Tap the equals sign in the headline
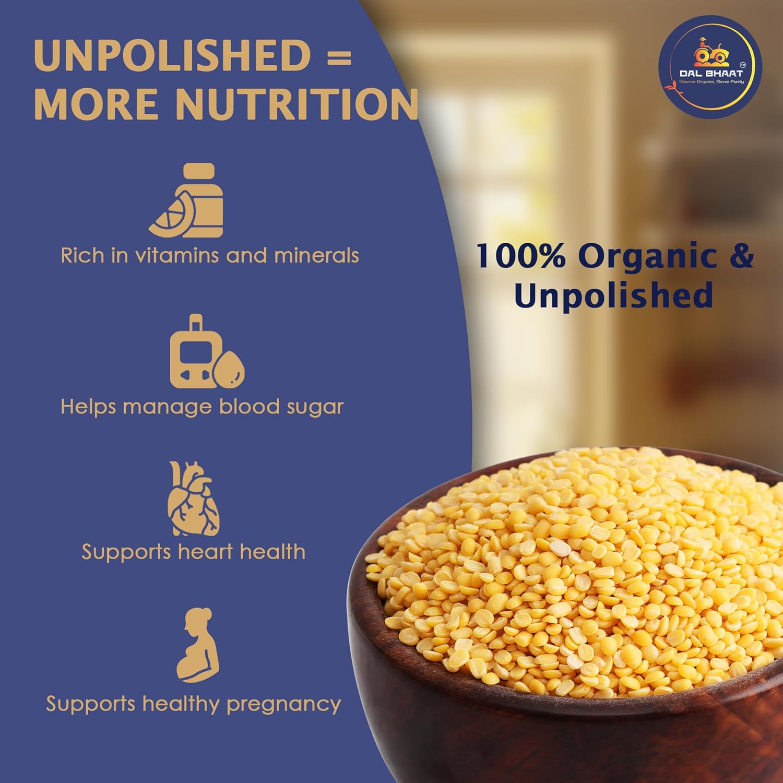point(341,56)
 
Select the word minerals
point(316,256)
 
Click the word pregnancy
point(283,705)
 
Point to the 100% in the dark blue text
point(520,256)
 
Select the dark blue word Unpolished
point(613,295)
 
